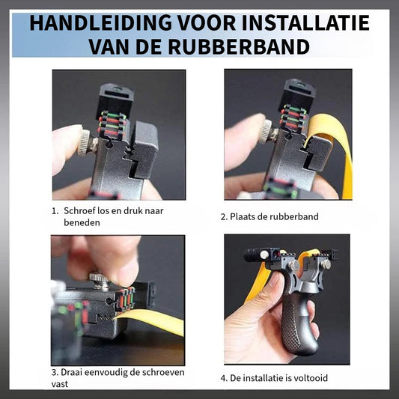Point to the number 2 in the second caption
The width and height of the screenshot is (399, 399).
(223, 217)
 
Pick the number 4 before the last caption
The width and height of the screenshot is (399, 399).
(223, 378)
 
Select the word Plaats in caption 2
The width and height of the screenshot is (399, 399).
(243, 217)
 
